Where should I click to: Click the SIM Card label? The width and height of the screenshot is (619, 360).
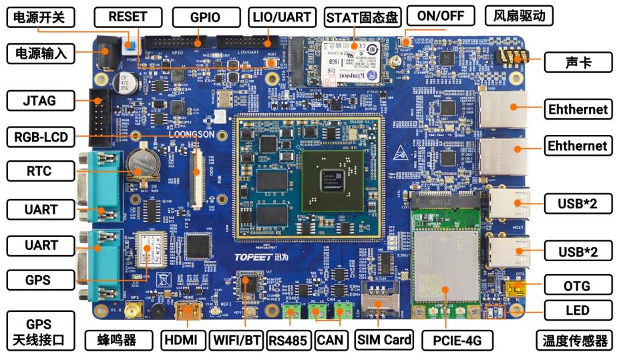click(383, 340)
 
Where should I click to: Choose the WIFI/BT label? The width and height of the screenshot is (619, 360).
click(236, 340)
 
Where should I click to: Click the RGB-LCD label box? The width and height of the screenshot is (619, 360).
click(39, 139)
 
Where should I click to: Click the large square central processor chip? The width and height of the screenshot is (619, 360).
click(332, 180)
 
